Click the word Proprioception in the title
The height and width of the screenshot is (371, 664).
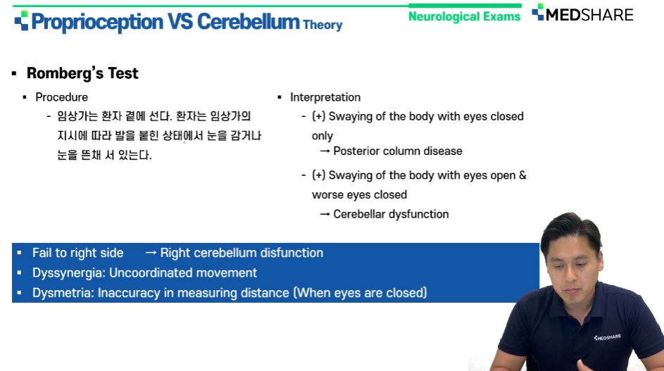97,22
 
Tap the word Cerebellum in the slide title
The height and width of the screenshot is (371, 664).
248,21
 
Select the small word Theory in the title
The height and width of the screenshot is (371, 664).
322,25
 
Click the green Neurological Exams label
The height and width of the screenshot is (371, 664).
464,16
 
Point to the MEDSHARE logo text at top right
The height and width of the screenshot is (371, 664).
589,15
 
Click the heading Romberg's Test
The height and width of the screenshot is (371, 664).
82,73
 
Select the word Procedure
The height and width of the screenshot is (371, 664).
62,97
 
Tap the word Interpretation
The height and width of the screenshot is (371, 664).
325,97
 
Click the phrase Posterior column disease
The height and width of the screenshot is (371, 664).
398,151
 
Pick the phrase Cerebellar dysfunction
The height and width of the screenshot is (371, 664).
391,214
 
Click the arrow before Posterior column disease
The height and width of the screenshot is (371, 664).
325,151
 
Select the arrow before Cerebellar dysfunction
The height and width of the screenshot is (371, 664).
325,214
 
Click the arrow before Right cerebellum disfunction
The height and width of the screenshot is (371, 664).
151,253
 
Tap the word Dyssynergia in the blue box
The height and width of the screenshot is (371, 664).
68,272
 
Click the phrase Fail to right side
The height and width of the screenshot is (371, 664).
78,253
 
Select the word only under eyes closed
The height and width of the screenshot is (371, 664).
322,136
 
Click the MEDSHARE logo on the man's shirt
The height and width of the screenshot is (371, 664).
607,337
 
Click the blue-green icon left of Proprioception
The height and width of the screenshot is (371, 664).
21,20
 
